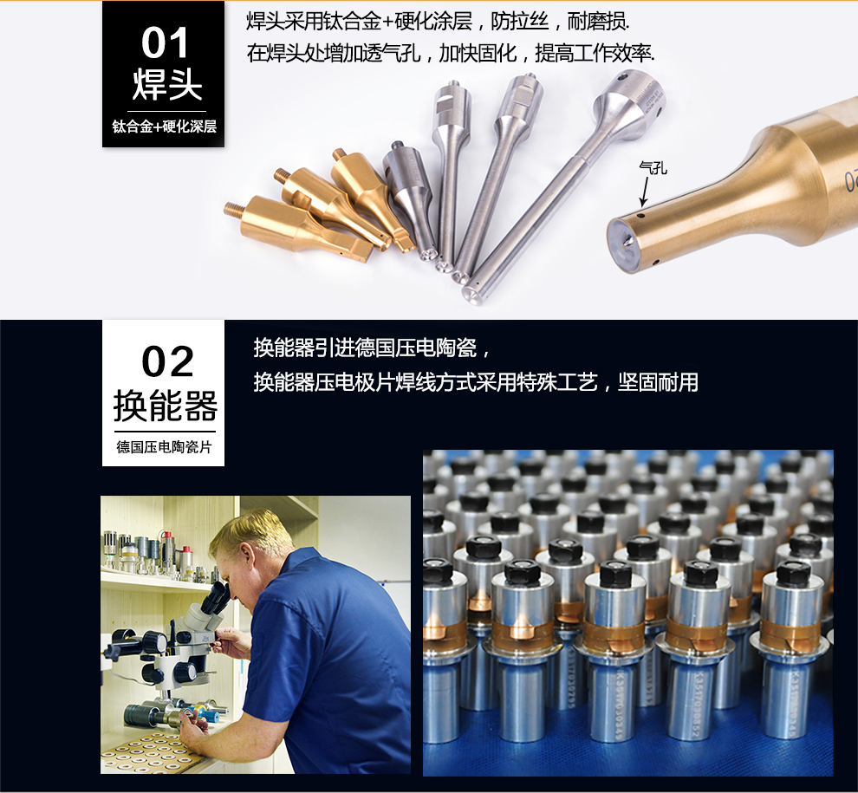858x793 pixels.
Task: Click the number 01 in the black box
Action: click(x=165, y=42)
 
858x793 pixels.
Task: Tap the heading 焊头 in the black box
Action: click(x=167, y=84)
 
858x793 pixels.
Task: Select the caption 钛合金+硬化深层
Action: click(x=164, y=127)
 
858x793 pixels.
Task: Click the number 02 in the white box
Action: click(x=167, y=361)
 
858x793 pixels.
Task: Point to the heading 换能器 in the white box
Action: click(x=166, y=406)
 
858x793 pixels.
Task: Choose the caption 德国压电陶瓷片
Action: click(x=164, y=447)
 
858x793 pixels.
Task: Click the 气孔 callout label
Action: click(x=653, y=167)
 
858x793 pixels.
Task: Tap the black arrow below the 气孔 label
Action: click(x=645, y=192)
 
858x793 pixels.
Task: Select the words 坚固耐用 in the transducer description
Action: click(x=658, y=382)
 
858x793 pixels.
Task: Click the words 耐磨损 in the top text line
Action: click(x=597, y=22)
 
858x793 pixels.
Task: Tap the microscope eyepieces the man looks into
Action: click(x=218, y=599)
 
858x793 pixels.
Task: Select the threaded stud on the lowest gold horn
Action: click(x=233, y=209)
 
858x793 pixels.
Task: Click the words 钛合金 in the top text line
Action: click(x=352, y=22)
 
